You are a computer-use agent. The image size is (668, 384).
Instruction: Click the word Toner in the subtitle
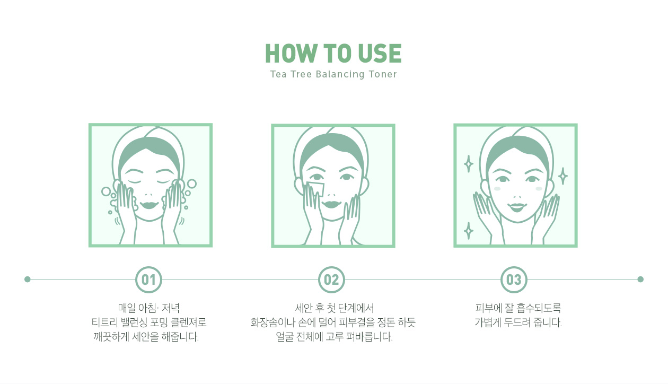tap(383, 74)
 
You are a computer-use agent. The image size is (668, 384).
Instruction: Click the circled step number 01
tap(148, 280)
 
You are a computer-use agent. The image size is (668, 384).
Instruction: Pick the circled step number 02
tap(331, 280)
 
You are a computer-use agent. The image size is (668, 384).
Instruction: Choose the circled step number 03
tap(514, 280)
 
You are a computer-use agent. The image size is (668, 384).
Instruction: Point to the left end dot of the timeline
tap(28, 280)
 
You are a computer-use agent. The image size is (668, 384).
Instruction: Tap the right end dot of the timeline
tap(640, 280)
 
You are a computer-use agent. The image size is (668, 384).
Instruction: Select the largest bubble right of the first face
tap(192, 184)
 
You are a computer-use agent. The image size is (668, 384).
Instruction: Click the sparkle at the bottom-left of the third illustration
tap(469, 231)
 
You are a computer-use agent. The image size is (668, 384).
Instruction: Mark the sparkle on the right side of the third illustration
tap(562, 176)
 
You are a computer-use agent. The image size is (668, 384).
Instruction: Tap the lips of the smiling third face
tap(517, 207)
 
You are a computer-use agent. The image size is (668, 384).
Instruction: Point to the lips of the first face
tap(149, 205)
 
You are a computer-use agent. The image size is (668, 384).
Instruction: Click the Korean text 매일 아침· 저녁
tap(149, 308)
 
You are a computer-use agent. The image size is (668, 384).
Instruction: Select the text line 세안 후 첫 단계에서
tap(334, 308)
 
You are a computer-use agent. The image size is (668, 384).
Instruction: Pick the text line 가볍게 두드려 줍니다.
tap(518, 322)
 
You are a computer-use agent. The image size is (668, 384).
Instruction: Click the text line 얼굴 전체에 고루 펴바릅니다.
tap(334, 337)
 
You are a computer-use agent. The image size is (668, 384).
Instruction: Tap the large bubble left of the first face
tap(106, 191)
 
